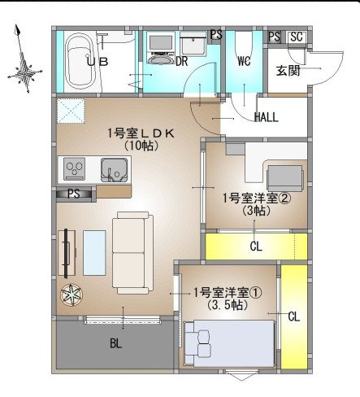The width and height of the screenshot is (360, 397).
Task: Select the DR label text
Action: coord(182,62)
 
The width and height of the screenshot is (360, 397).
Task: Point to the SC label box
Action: coord(296,37)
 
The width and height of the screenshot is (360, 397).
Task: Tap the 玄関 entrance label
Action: coord(288,70)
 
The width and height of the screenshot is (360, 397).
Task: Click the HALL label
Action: coord(266,117)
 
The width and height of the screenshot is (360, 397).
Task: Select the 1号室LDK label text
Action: coord(140,133)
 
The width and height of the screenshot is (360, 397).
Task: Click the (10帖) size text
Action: coord(141,146)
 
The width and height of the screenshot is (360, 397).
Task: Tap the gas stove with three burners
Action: coord(76,169)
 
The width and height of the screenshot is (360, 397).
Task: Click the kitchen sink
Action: coord(113,170)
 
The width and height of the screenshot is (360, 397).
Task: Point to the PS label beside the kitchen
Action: coord(73,194)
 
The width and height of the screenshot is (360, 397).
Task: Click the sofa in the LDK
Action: coord(132,252)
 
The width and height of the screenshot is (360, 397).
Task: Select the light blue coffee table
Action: coord(94,253)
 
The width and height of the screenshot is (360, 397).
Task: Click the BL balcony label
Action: coord(116,343)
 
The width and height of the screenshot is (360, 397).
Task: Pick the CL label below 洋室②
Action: coord(255,246)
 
